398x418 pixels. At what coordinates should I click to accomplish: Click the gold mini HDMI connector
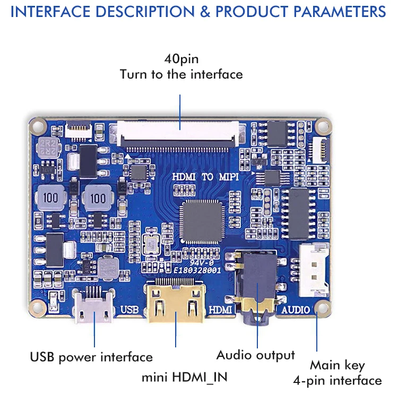(x=176, y=305)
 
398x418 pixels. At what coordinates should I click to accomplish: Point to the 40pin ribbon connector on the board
(x=180, y=133)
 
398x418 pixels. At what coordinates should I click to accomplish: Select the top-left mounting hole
(x=37, y=126)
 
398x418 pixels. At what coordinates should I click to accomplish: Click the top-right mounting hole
(x=323, y=126)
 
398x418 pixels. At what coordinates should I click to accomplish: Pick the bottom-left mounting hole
(x=37, y=307)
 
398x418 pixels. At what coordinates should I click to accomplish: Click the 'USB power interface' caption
(x=91, y=357)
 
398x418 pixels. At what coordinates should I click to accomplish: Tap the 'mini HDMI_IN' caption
(x=184, y=378)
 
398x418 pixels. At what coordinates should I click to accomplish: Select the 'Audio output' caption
(x=255, y=355)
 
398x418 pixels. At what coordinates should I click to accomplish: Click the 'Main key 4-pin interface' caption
(x=338, y=373)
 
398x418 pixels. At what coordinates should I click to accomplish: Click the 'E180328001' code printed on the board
(x=196, y=270)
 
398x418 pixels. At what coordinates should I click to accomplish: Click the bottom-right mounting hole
(x=322, y=308)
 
